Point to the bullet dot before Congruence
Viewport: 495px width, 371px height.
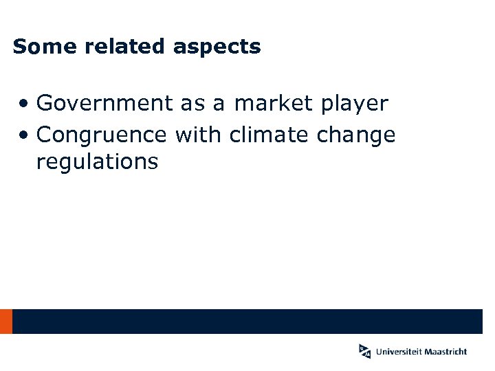(24, 135)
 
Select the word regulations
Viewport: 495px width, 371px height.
(97, 163)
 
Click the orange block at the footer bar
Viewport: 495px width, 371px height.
(6, 321)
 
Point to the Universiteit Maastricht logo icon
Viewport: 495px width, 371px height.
(364, 351)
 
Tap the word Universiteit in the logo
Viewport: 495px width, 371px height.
(399, 352)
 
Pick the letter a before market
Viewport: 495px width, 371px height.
(219, 104)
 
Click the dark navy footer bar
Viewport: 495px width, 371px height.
(247, 321)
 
